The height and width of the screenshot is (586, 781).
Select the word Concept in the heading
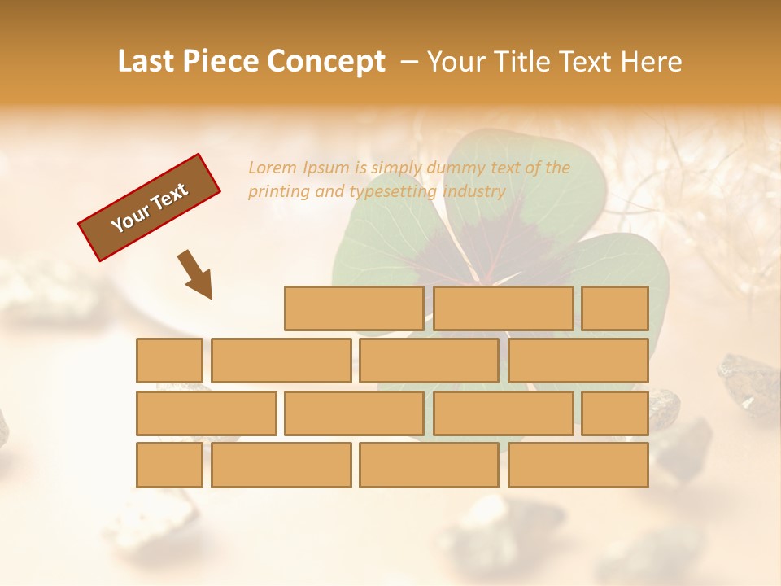tap(326, 62)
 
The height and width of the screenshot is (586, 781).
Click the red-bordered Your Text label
tap(150, 208)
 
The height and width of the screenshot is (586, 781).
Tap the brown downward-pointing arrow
tap(196, 273)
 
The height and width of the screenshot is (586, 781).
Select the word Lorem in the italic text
tap(273, 168)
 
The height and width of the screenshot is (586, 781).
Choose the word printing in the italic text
tap(279, 192)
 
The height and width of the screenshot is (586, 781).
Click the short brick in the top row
tap(615, 308)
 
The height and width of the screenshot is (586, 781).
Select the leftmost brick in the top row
tap(354, 308)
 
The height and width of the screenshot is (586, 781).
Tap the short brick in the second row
tap(169, 361)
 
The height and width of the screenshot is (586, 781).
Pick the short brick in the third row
tap(615, 413)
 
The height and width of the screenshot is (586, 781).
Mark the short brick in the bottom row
tap(169, 465)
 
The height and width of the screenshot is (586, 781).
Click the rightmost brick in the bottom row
tap(578, 465)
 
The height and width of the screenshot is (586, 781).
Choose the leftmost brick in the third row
tap(206, 413)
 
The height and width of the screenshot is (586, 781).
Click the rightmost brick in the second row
tap(578, 361)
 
